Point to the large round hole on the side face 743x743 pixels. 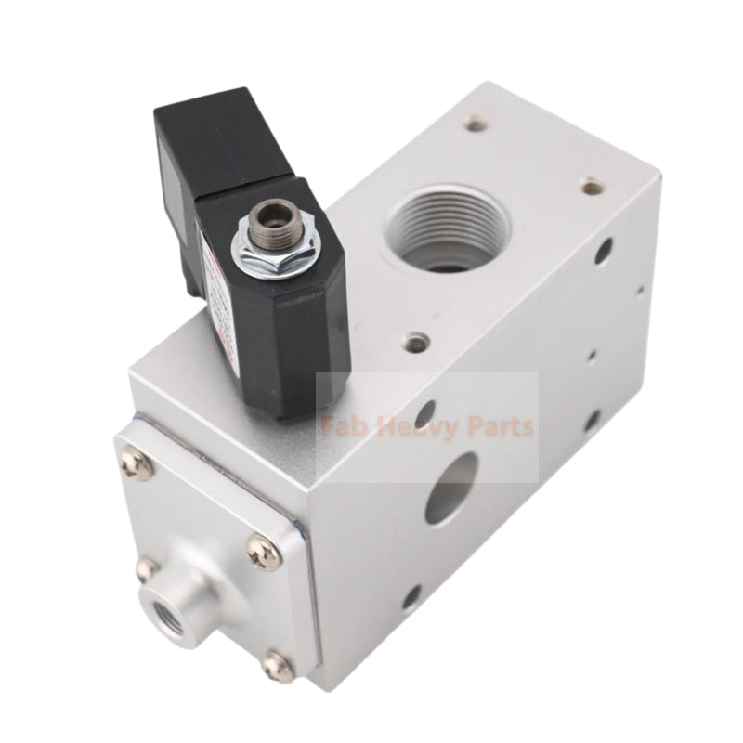tap(451, 488)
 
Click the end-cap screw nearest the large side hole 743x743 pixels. tap(263, 553)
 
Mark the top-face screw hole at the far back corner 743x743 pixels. tap(476, 123)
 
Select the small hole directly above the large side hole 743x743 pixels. tap(424, 411)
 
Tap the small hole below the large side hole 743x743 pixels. tap(409, 595)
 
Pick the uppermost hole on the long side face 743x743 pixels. tap(605, 250)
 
